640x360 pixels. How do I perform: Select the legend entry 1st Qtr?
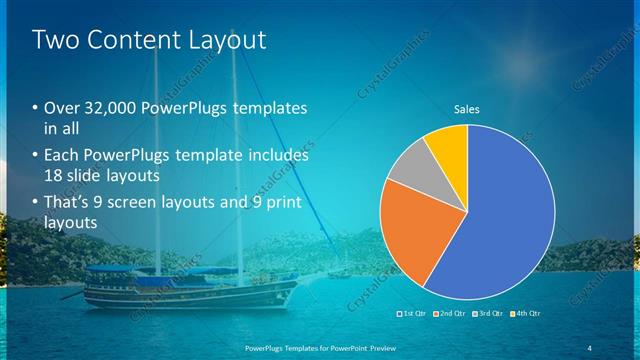pyautogui.click(x=413, y=314)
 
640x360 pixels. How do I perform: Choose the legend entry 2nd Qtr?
pyautogui.click(x=449, y=314)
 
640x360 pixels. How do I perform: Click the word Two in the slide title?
pyautogui.click(x=55, y=40)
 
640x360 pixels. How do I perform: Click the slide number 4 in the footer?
pyautogui.click(x=589, y=346)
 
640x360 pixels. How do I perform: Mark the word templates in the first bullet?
pyautogui.click(x=269, y=109)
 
